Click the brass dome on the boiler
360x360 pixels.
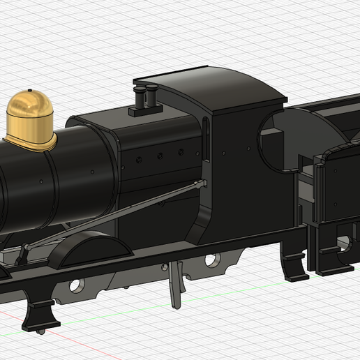30,115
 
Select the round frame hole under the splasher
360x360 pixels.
76,285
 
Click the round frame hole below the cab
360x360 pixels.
212,260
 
